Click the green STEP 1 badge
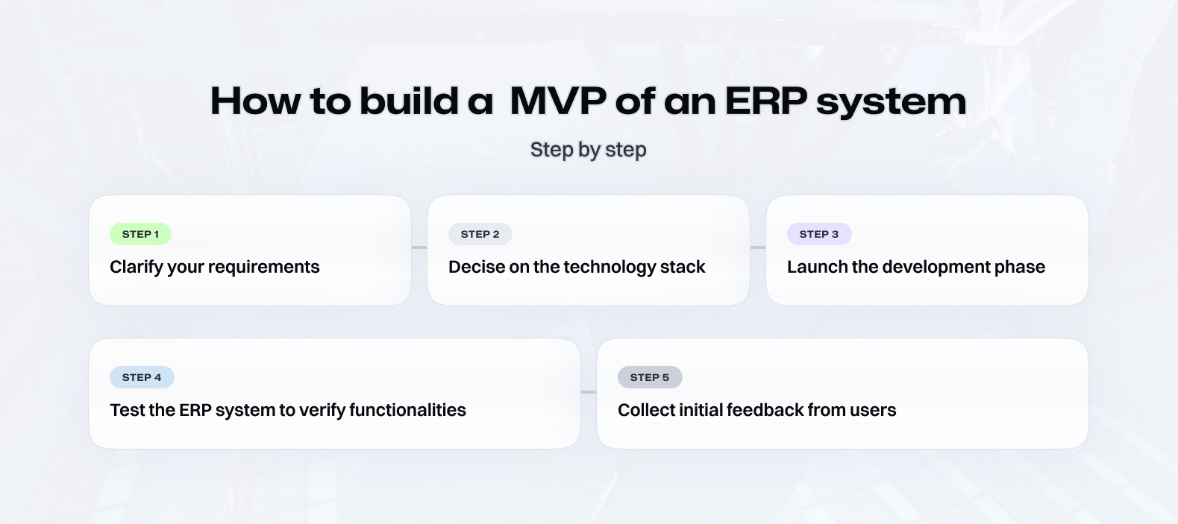[140, 234]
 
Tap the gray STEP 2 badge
[480, 234]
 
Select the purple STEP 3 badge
[819, 234]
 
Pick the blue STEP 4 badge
[142, 377]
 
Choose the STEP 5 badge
[650, 377]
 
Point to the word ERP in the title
[765, 101]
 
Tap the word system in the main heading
[892, 103]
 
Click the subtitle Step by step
[588, 150]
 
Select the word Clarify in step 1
[137, 267]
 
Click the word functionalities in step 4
[407, 410]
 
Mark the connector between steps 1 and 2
[419, 247]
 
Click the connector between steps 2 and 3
[758, 247]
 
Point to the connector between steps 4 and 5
[589, 392]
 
